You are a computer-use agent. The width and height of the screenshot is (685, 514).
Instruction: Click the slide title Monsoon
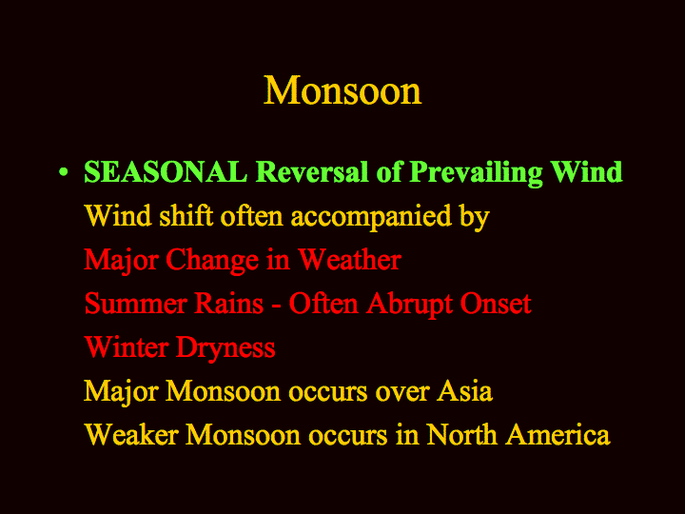[x=342, y=90]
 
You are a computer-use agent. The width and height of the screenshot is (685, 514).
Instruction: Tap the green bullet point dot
[x=64, y=171]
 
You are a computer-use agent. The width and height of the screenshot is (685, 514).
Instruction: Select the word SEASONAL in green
[x=166, y=171]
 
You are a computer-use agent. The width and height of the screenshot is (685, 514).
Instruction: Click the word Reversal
[x=312, y=171]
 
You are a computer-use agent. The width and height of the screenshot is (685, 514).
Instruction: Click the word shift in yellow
[x=186, y=215]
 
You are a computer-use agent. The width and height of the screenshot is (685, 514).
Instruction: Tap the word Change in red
[x=212, y=259]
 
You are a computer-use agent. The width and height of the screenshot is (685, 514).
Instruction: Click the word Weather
[x=349, y=259]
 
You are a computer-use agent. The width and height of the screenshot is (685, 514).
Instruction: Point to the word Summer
[x=136, y=304]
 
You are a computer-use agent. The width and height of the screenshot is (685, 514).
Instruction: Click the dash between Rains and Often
[x=276, y=306]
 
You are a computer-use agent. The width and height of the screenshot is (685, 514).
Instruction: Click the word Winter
[x=127, y=347]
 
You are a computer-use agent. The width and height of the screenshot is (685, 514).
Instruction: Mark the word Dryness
[x=225, y=348]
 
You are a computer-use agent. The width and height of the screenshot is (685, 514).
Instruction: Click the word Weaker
[x=131, y=434]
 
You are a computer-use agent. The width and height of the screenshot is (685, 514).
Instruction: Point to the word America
[x=558, y=434]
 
